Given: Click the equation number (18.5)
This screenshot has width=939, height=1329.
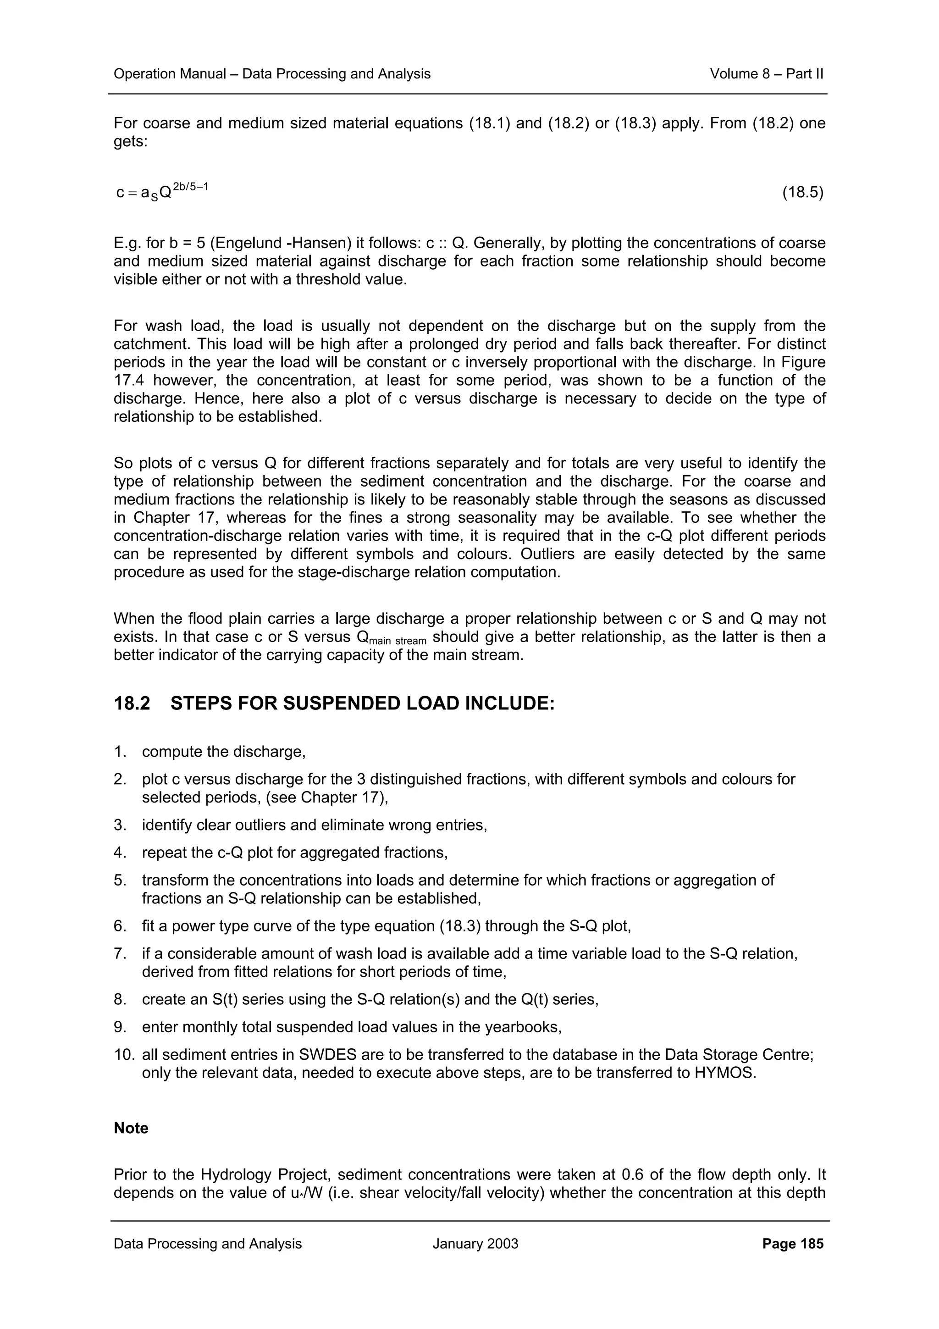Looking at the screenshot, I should point(802,192).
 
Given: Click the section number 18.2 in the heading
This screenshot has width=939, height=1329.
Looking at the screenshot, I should point(132,703).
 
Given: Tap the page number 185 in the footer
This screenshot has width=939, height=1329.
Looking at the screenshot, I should point(811,1243).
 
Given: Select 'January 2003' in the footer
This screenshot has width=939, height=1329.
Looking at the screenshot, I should point(475,1243).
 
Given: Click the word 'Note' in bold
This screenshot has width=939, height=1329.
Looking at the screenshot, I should point(131,1128).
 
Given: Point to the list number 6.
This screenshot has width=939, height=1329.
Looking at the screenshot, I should point(120,926).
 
